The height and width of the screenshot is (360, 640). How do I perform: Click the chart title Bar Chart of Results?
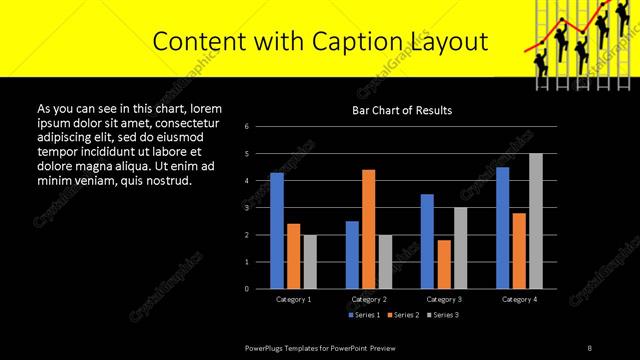(401, 110)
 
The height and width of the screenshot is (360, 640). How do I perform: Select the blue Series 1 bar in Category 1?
(277, 230)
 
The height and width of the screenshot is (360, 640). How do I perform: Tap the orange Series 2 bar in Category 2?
(368, 228)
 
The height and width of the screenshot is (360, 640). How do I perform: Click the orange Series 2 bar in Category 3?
(444, 264)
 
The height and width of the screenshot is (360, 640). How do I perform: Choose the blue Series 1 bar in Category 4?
(502, 227)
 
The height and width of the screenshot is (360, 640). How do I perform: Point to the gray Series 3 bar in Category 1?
(310, 261)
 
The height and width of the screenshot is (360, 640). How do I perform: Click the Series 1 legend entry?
(364, 315)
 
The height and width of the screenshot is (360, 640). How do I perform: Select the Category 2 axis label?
(369, 299)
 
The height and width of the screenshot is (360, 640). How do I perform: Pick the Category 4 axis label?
(519, 299)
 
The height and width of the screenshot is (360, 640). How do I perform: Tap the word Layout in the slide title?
(446, 41)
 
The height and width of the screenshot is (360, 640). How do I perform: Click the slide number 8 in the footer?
(589, 348)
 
